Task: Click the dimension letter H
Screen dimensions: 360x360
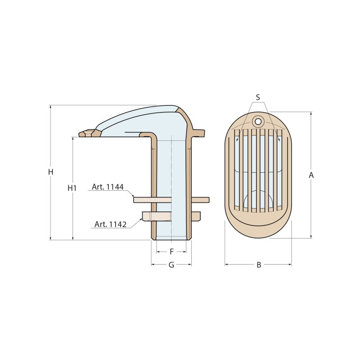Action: (x=51, y=172)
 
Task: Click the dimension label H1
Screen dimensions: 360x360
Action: (x=72, y=188)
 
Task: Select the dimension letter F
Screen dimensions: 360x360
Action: (x=171, y=252)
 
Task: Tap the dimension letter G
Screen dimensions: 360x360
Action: (x=171, y=265)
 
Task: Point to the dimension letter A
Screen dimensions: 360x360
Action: (x=311, y=175)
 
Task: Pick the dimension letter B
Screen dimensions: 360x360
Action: (x=259, y=265)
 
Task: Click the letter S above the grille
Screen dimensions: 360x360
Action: (x=258, y=97)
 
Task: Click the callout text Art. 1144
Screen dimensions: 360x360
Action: (x=108, y=187)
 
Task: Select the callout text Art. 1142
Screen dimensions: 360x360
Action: (x=110, y=224)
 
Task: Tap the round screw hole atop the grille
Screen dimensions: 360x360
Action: (x=258, y=121)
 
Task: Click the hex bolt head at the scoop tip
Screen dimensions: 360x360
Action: (x=87, y=133)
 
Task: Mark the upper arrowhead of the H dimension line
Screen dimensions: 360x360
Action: (x=51, y=108)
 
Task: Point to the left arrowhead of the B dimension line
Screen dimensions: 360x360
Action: (x=227, y=265)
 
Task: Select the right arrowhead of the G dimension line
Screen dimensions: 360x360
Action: (x=189, y=265)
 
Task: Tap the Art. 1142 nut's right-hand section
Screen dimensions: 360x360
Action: (x=196, y=216)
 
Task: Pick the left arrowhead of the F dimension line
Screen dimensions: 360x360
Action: (x=158, y=252)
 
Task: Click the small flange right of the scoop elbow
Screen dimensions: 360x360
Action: (x=198, y=133)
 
